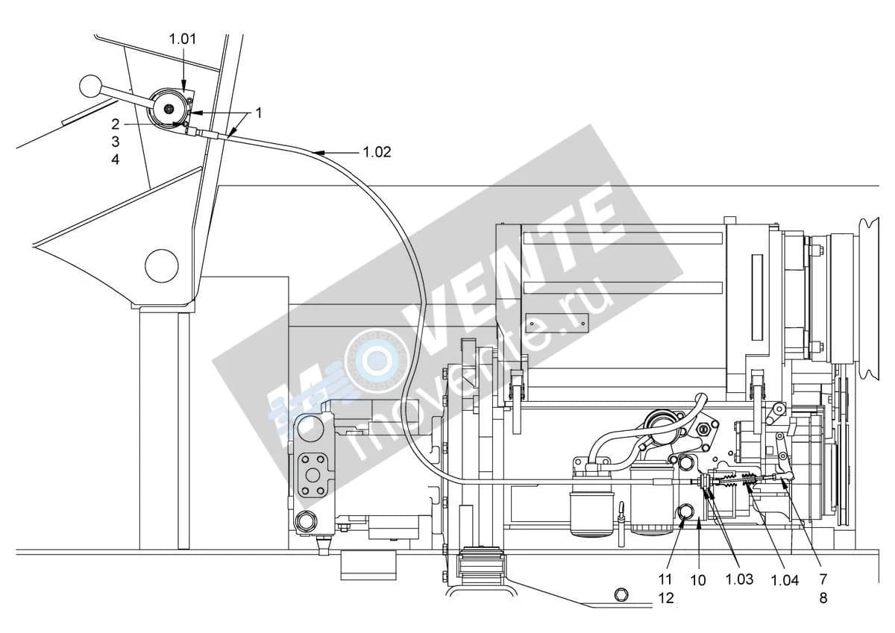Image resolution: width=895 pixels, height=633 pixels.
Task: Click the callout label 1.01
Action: point(183,39)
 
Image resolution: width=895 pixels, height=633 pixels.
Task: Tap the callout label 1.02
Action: point(377,152)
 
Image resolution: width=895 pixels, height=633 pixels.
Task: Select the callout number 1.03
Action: point(739,579)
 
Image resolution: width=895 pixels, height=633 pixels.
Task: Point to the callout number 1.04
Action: point(785,580)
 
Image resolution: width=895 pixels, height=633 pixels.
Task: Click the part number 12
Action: point(666,598)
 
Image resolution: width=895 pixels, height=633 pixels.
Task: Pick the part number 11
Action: point(665,579)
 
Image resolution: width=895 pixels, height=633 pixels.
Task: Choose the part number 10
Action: point(698,580)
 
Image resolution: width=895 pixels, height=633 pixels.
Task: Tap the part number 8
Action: point(823,598)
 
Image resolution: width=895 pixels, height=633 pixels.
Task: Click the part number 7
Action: point(823,579)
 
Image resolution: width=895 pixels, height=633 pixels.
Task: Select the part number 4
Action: point(115,160)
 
